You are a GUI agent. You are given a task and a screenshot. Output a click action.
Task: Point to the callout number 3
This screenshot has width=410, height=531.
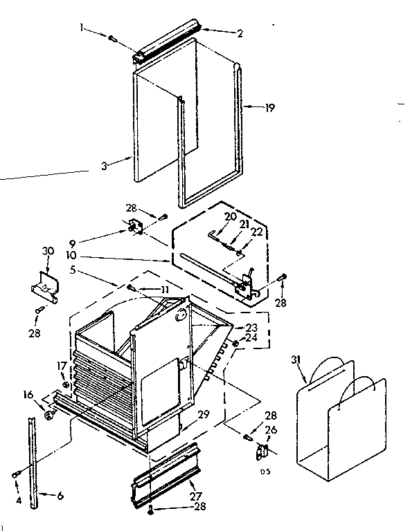104,167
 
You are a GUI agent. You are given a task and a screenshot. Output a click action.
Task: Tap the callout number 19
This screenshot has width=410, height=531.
269,107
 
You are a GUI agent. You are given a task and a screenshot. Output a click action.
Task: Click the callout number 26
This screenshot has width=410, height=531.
270,429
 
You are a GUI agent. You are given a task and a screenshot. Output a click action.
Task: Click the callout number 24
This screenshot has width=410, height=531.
249,339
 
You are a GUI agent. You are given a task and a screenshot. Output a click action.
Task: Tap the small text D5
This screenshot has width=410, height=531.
264,472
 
